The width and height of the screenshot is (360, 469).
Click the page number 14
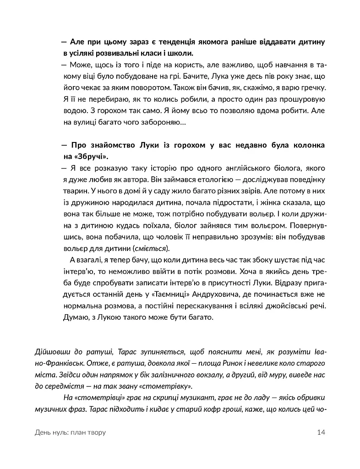pyautogui.click(x=321, y=432)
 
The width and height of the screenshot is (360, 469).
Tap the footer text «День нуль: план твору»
pyautogui.click(x=70, y=432)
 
